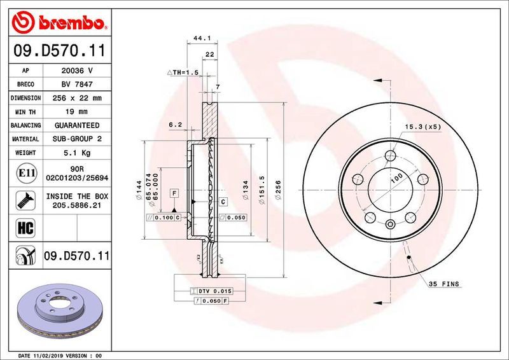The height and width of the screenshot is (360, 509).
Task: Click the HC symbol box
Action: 23,227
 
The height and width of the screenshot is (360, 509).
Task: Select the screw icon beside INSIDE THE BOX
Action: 23,200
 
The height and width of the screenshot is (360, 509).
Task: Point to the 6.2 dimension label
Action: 176,125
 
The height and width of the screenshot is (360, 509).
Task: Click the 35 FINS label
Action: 443,283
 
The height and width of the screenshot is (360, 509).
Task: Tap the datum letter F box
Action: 173,191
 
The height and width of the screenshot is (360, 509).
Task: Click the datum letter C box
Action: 223,202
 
